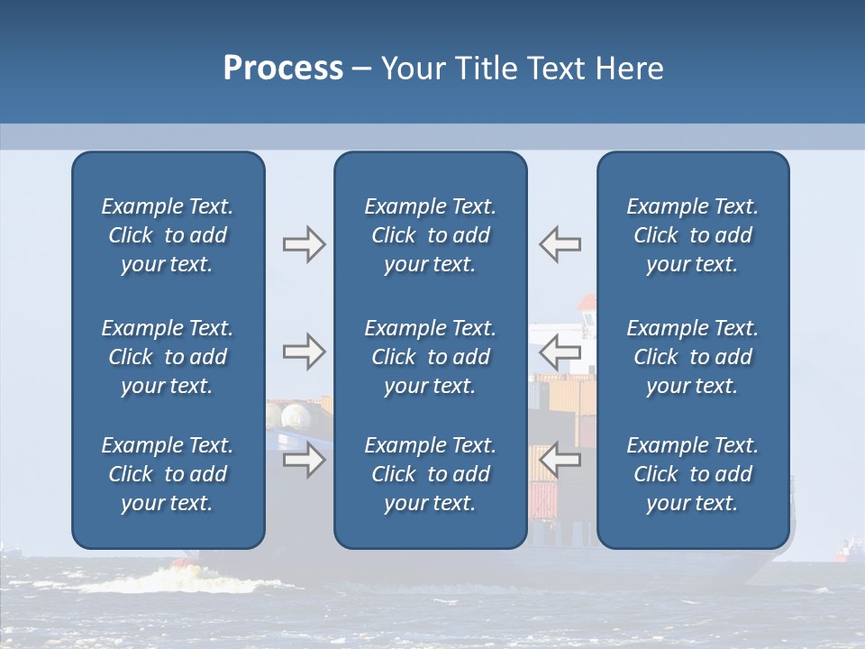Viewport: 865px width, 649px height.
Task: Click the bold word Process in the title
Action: tap(283, 69)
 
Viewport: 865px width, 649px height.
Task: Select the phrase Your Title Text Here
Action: tap(523, 69)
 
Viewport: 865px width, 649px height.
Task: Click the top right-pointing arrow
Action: tap(304, 244)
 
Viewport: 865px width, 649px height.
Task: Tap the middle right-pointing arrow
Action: tap(304, 352)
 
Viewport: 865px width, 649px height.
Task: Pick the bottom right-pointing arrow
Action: tap(304, 461)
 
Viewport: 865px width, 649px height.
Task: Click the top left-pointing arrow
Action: tap(560, 244)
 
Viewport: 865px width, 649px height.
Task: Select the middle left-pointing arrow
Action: tap(560, 352)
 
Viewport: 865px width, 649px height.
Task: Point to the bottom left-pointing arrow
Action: tap(560, 461)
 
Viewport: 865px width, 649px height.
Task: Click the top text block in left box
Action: tap(168, 235)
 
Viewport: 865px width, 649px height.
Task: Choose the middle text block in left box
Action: tap(168, 357)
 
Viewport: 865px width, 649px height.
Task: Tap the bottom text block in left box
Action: tap(168, 474)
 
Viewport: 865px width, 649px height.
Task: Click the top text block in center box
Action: tap(430, 235)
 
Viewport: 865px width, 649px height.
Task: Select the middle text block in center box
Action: tap(430, 357)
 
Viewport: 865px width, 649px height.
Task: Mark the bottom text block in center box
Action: tap(430, 474)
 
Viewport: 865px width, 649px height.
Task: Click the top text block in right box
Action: tap(692, 235)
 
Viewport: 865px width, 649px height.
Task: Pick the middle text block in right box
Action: tap(692, 357)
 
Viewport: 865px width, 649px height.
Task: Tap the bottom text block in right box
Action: tap(692, 474)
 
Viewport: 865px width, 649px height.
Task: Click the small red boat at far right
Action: tap(847, 549)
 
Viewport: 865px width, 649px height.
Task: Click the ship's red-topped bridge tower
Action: tap(587, 311)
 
